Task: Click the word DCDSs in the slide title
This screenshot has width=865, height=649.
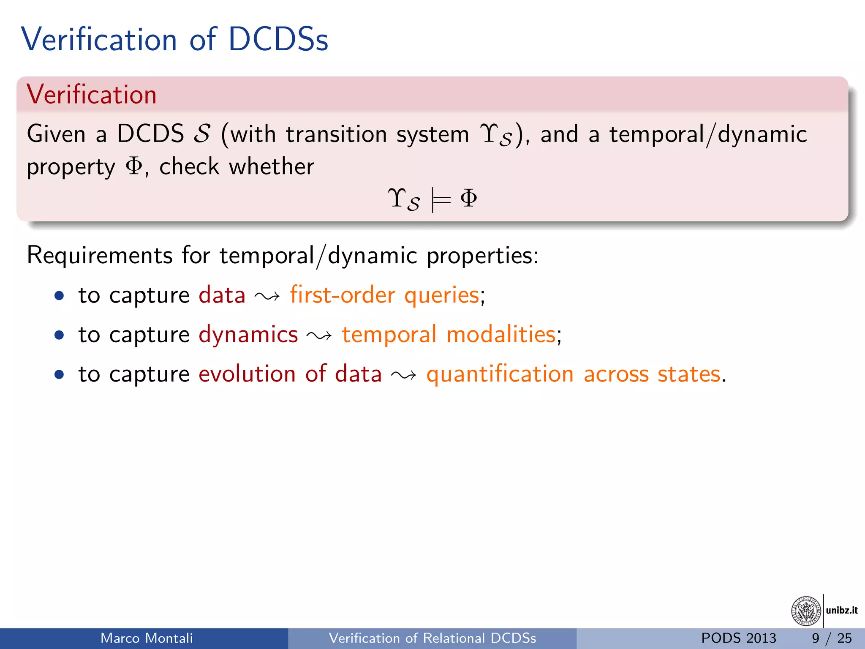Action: pyautogui.click(x=278, y=40)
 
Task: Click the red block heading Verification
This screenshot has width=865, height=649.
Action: pyautogui.click(x=91, y=94)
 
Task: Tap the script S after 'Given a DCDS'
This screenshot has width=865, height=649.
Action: pyautogui.click(x=202, y=134)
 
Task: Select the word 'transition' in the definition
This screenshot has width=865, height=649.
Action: pyautogui.click(x=336, y=134)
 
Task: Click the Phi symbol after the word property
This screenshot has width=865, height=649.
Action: pyautogui.click(x=134, y=166)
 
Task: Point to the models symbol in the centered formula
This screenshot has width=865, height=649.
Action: pyautogui.click(x=441, y=199)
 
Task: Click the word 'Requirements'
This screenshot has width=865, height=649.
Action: pyautogui.click(x=100, y=256)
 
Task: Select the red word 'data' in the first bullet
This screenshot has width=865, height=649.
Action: pyautogui.click(x=222, y=295)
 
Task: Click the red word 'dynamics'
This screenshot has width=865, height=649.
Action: pyautogui.click(x=248, y=335)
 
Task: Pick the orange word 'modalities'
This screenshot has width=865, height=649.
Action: pyautogui.click(x=501, y=335)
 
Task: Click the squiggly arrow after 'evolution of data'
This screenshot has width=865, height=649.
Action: pyautogui.click(x=404, y=375)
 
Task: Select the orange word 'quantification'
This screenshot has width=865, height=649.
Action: pyautogui.click(x=500, y=374)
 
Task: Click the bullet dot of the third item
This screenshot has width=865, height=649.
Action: pyautogui.click(x=59, y=375)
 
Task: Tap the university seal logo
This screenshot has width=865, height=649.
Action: pyautogui.click(x=806, y=611)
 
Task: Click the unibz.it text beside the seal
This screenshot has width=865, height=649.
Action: pyautogui.click(x=841, y=610)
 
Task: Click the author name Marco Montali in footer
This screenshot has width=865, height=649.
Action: pyautogui.click(x=147, y=638)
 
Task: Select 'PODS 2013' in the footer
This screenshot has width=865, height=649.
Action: pyautogui.click(x=738, y=638)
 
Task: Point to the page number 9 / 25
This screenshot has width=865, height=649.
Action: pyautogui.click(x=831, y=638)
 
